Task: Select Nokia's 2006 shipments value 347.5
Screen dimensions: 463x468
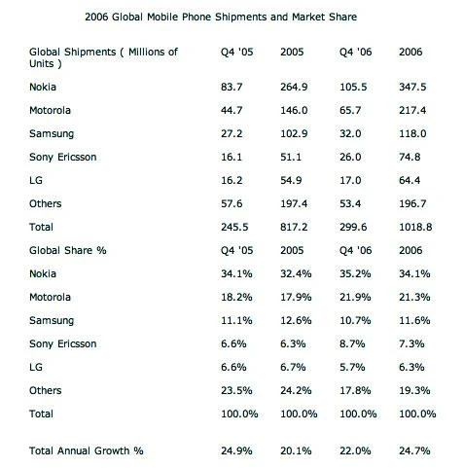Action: coord(412,87)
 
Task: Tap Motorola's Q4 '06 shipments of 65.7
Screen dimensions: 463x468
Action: coord(350,110)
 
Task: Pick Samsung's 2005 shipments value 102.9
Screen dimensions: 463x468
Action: coord(294,133)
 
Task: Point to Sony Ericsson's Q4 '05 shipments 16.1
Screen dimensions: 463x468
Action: coord(231,157)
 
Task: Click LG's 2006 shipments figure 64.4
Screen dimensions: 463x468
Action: coord(410,180)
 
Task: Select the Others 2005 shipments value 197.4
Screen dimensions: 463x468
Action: coord(294,203)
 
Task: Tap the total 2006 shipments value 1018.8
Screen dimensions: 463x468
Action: coord(415,227)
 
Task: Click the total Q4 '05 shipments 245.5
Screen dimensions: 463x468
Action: coord(234,227)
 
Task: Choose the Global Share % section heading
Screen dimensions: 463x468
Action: coord(68,250)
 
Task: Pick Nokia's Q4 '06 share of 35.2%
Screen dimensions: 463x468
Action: coord(355,273)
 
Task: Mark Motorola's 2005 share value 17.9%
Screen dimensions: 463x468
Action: coord(296,297)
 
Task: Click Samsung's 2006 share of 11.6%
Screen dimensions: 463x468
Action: coord(414,320)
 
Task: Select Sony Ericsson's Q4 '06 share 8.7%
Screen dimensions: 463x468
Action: coord(352,343)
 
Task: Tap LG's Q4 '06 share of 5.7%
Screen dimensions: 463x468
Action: coord(352,367)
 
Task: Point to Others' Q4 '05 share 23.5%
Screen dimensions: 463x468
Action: coord(236,390)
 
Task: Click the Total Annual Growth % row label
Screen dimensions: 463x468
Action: coord(87,450)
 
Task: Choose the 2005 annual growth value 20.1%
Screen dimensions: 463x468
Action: coord(296,450)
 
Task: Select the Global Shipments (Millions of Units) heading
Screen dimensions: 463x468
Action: coord(103,57)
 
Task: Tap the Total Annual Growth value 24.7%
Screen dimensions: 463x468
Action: coord(414,450)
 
